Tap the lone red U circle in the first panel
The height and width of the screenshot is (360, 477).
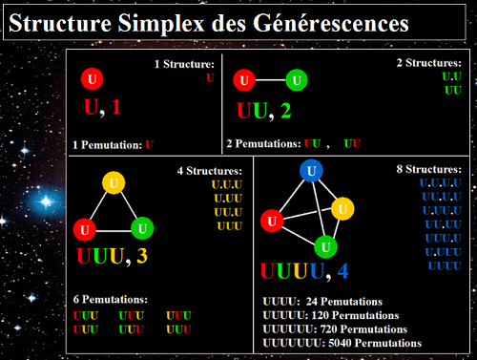pyautogui.click(x=93, y=79)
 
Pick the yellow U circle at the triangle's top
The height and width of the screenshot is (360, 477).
pyautogui.click(x=114, y=182)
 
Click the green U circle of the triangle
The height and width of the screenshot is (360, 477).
pyautogui.click(x=141, y=228)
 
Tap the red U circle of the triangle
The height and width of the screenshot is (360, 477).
pyautogui.click(x=85, y=228)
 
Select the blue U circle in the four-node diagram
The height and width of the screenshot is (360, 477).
pyautogui.click(x=312, y=170)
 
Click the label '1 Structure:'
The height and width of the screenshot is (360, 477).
pyautogui.click(x=184, y=64)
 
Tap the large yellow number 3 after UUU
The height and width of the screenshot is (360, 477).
pyautogui.click(x=141, y=256)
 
